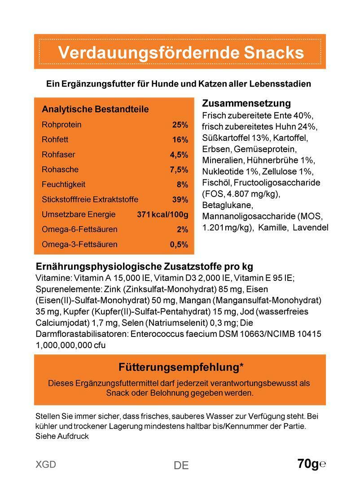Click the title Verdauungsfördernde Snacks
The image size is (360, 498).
[181, 52]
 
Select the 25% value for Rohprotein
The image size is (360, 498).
[180, 125]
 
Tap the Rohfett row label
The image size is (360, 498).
[55, 140]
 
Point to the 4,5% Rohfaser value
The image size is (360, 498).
[179, 155]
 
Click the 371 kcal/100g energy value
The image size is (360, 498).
[162, 214]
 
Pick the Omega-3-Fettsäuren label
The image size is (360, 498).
[79, 245]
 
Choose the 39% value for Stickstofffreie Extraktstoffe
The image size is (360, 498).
[180, 200]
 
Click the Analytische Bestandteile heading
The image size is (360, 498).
[95, 109]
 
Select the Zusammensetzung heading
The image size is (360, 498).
[246, 104]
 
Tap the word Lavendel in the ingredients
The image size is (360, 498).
[310, 227]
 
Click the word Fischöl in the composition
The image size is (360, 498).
[216, 183]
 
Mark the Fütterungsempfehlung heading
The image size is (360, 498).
[181, 367]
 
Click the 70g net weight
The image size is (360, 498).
[308, 463]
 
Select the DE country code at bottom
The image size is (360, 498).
[181, 465]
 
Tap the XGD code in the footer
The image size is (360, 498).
[46, 464]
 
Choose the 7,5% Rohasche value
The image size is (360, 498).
[179, 170]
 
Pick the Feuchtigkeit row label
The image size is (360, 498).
[63, 184]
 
